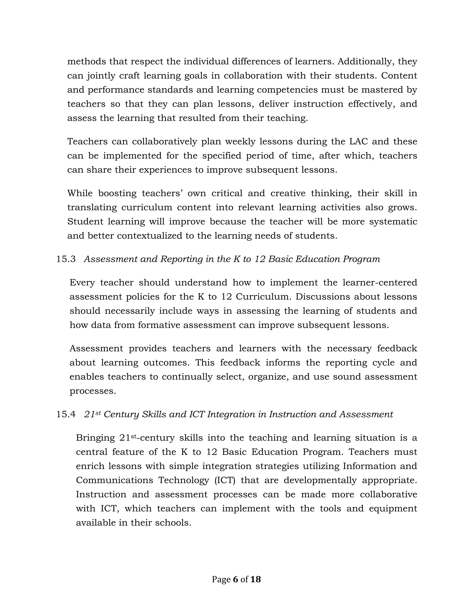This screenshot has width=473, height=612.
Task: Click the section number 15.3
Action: tap(66, 259)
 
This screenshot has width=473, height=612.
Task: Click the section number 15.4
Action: tap(66, 415)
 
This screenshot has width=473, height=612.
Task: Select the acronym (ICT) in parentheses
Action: tap(225, 480)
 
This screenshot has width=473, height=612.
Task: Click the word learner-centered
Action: tap(380, 282)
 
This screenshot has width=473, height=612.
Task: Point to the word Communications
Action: tap(114, 480)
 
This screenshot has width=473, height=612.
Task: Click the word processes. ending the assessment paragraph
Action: tap(92, 391)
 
